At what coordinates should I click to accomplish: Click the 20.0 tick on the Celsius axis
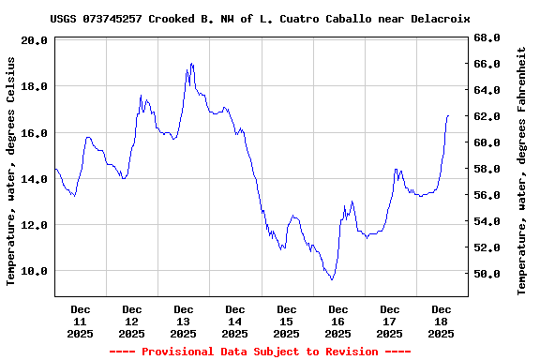point(34,40)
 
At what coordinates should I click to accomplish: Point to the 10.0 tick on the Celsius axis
point(34,271)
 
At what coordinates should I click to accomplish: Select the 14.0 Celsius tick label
point(34,179)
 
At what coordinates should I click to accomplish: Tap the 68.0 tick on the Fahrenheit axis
point(487,37)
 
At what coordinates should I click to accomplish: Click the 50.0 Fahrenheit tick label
point(487,274)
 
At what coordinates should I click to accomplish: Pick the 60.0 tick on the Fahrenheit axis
point(487,142)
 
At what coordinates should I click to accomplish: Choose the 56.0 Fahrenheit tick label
point(487,195)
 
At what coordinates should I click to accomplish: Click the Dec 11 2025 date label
point(81,321)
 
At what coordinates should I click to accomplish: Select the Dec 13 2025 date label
point(184,321)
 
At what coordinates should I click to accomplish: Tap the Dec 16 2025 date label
point(337,321)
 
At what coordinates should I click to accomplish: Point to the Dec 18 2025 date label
point(441,321)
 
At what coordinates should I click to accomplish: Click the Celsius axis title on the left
point(11,170)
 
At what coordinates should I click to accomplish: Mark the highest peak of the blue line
point(191,64)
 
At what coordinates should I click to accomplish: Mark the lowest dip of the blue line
point(332,279)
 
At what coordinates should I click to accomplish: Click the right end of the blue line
point(449,115)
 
